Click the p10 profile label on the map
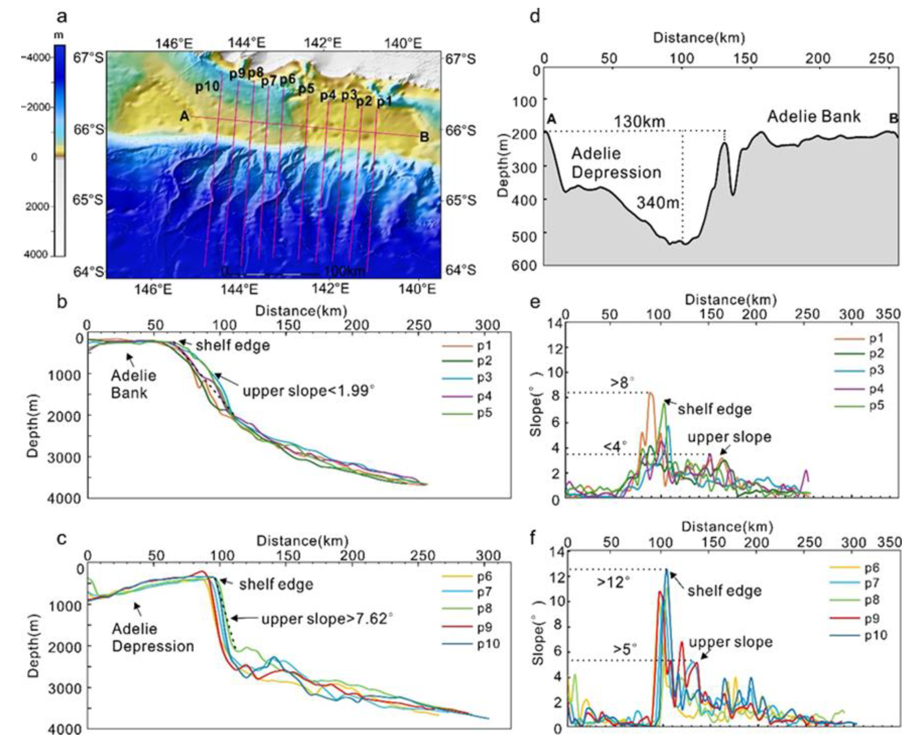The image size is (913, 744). click(x=207, y=87)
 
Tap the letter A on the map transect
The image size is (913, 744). click(x=184, y=116)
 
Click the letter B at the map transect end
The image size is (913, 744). click(x=424, y=137)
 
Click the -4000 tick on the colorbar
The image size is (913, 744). click(x=37, y=57)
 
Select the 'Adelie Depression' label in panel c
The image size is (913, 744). click(x=153, y=638)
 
